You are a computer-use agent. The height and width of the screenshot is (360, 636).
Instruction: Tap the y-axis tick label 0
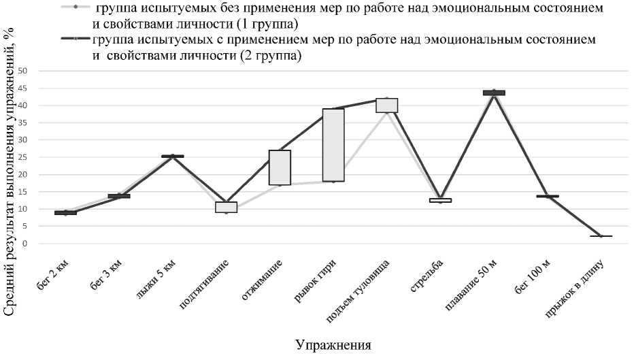pyautogui.click(x=24, y=244)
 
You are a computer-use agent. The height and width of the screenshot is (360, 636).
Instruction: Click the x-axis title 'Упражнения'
pyautogui.click(x=333, y=344)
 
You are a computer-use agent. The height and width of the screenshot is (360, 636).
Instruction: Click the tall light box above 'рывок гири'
pyautogui.click(x=333, y=145)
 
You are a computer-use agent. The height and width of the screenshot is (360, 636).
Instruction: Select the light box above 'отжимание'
pyautogui.click(x=280, y=167)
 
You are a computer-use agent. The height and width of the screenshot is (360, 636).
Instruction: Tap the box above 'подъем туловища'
pyautogui.click(x=386, y=105)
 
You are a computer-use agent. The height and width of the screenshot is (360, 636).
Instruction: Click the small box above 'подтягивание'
pyautogui.click(x=226, y=207)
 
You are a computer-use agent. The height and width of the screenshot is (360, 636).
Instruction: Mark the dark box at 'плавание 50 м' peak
pyautogui.click(x=494, y=93)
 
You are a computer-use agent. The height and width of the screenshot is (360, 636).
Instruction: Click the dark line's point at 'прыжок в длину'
pyautogui.click(x=601, y=236)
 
